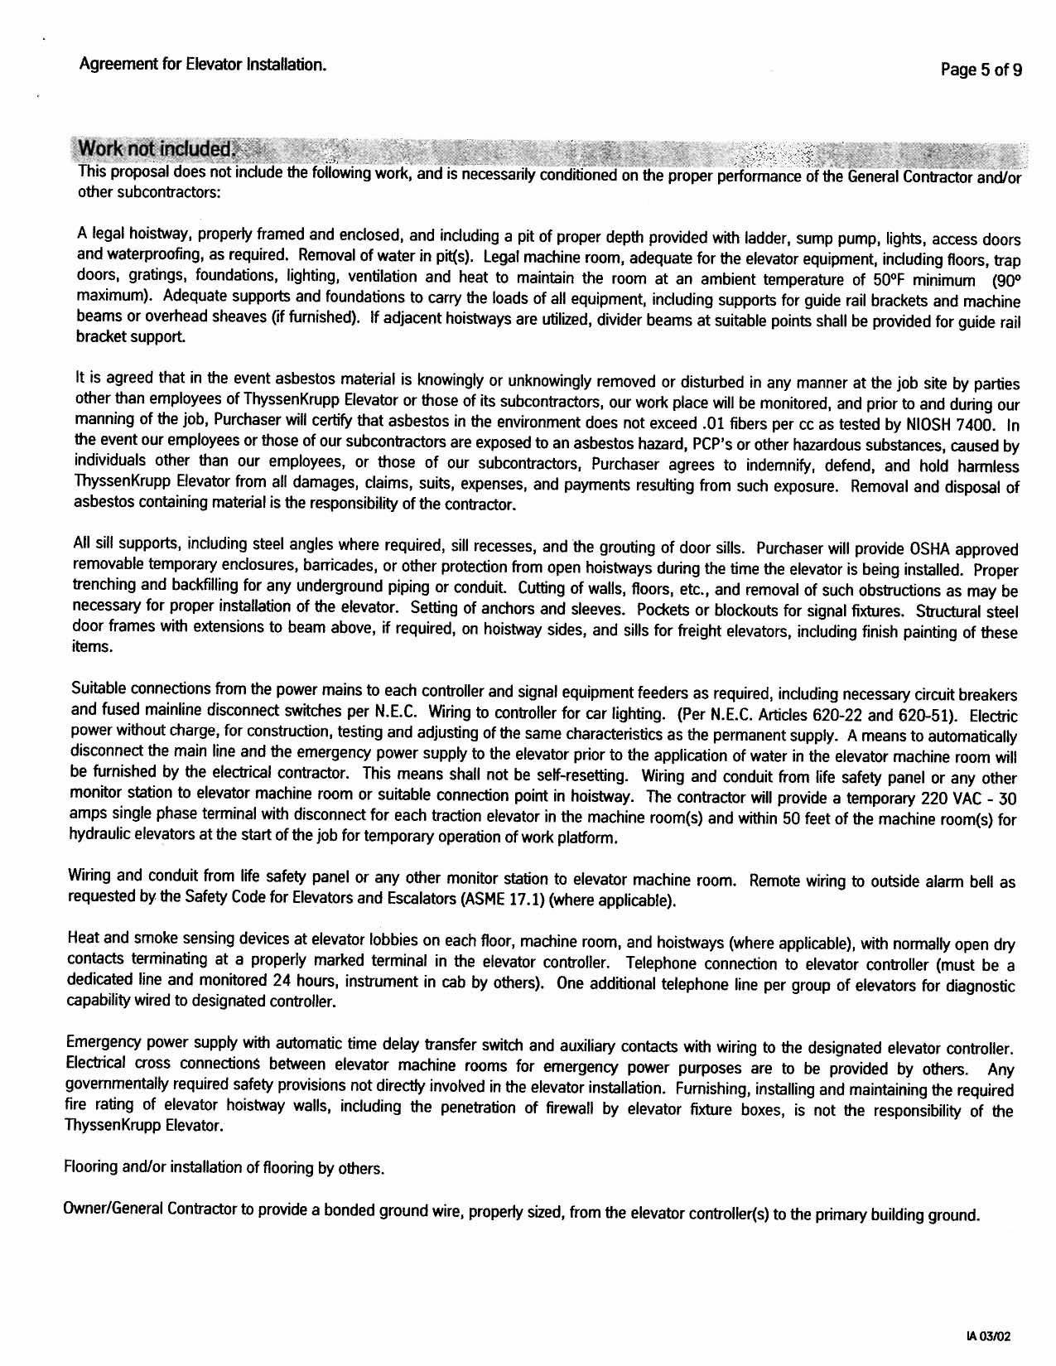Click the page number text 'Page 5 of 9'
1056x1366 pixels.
click(x=981, y=70)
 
